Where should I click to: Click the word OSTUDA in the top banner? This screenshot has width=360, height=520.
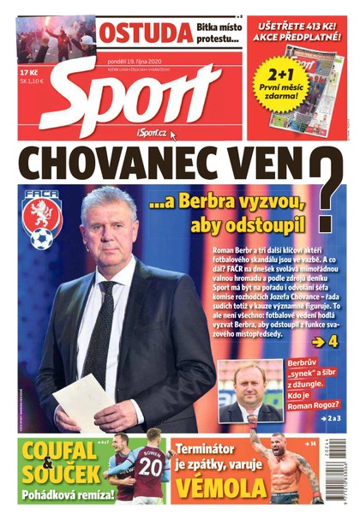pyautogui.click(x=144, y=33)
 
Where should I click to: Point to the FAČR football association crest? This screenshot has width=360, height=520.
pyautogui.click(x=41, y=218)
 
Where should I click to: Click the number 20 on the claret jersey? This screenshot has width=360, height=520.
pyautogui.click(x=151, y=467)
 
